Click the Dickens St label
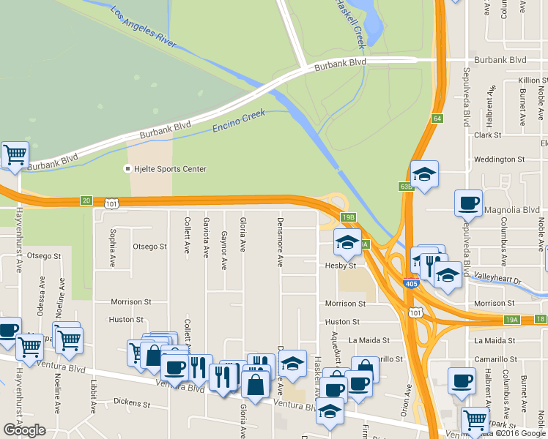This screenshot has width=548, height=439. click(132, 402)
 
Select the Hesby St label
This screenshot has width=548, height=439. click(340, 266)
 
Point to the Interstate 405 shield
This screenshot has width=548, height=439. click(412, 282)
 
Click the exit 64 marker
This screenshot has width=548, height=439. click(437, 119)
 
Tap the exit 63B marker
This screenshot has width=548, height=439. click(406, 187)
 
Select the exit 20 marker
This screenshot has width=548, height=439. click(86, 200)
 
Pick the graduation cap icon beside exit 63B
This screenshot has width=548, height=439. click(424, 174)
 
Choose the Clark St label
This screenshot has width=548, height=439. click(487, 135)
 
